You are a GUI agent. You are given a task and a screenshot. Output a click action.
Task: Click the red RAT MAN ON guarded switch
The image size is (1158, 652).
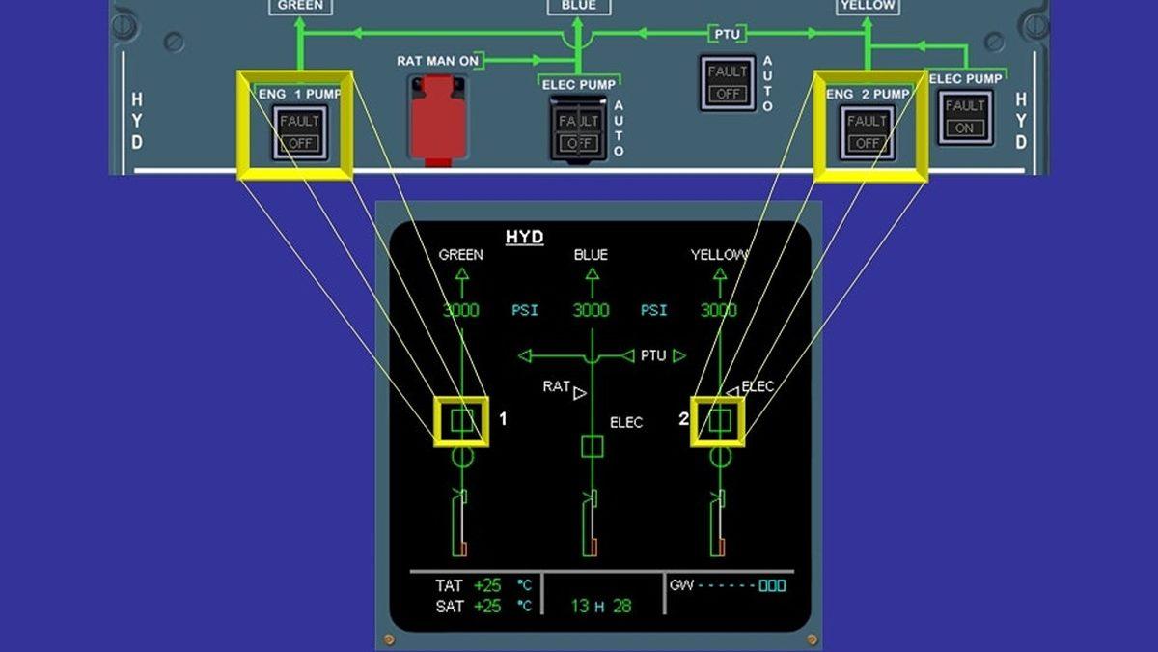438,117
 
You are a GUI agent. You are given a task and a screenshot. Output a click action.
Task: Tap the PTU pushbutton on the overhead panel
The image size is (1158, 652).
728,83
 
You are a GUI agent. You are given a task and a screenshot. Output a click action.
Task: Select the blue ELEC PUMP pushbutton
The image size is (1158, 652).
578,132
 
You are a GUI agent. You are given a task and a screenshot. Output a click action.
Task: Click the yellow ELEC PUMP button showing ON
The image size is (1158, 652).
964,117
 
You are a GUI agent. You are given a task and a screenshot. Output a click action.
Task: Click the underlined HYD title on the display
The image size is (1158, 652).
525,238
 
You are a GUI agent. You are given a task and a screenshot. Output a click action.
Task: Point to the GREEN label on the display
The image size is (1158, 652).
460,255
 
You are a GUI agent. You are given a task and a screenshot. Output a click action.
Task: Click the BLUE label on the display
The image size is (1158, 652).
591,255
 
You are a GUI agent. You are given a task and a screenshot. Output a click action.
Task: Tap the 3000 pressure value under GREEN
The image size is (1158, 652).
460,310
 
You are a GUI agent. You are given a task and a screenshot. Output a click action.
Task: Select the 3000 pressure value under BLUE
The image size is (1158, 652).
591,310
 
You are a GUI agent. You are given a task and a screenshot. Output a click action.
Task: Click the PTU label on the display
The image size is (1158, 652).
653,355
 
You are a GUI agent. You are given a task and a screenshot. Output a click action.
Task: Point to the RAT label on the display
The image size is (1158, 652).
556,386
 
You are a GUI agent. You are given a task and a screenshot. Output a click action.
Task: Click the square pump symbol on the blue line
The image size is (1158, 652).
592,446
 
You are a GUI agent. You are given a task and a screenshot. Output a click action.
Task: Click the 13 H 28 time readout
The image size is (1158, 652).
600,607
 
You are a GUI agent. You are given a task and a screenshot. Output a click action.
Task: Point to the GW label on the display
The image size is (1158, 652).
681,585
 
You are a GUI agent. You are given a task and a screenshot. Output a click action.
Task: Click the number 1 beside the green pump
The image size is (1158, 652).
503,419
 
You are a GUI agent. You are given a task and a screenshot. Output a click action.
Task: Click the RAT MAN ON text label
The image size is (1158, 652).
437,61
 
